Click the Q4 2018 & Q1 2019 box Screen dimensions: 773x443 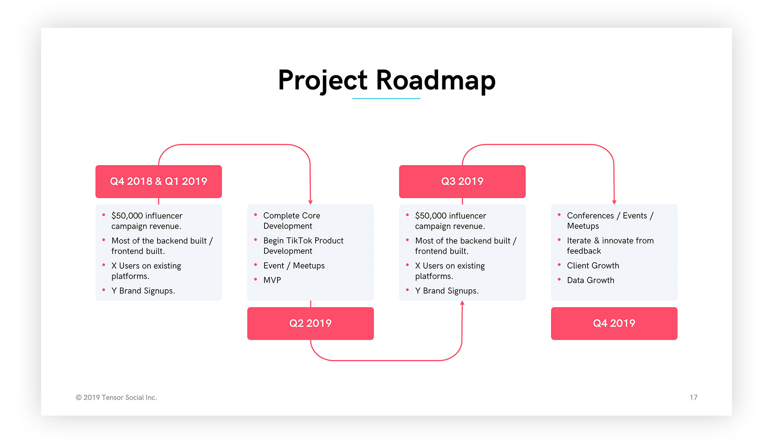(159, 181)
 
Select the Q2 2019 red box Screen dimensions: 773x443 (310, 323)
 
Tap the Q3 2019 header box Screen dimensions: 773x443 (462, 181)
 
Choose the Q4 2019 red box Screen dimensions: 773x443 (614, 323)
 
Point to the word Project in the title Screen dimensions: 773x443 (322, 80)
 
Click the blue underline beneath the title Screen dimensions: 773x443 (386, 99)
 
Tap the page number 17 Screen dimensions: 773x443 (693, 397)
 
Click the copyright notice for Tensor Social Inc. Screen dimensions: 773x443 (116, 397)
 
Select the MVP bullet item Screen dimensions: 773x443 (272, 280)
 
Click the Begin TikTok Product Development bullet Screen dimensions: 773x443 (303, 246)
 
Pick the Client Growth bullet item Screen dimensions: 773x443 (593, 266)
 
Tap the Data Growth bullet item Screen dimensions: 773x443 (590, 280)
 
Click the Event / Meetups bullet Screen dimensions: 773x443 (294, 266)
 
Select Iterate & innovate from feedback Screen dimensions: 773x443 (610, 246)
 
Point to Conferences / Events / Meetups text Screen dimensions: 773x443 (610, 221)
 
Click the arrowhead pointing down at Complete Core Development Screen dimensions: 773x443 (310, 202)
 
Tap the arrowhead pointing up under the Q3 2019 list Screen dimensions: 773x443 (462, 303)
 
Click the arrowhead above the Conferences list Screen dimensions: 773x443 (614, 202)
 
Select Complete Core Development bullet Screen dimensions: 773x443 (291, 221)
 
